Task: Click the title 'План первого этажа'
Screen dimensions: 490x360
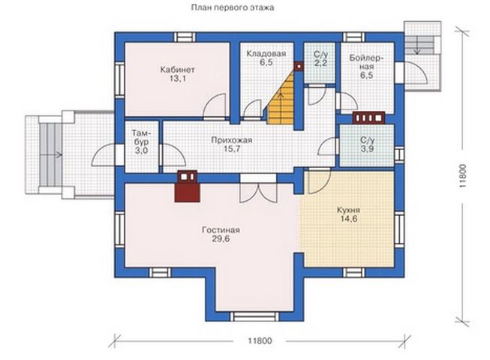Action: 233,7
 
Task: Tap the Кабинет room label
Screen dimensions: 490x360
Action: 178,69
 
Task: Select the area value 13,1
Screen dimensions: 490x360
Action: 178,79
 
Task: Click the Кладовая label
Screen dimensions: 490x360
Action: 266,54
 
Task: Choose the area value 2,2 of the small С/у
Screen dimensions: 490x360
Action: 320,63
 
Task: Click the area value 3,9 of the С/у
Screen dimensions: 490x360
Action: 367,149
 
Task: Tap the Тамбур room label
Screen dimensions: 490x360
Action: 142,138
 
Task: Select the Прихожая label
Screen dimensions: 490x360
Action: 232,140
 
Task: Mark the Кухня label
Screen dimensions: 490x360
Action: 348,210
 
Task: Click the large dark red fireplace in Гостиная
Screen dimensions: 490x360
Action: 187,191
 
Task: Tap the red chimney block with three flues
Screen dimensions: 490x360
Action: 368,118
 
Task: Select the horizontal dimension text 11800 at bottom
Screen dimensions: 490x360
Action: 260,340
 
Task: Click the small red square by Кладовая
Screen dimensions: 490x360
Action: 299,66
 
